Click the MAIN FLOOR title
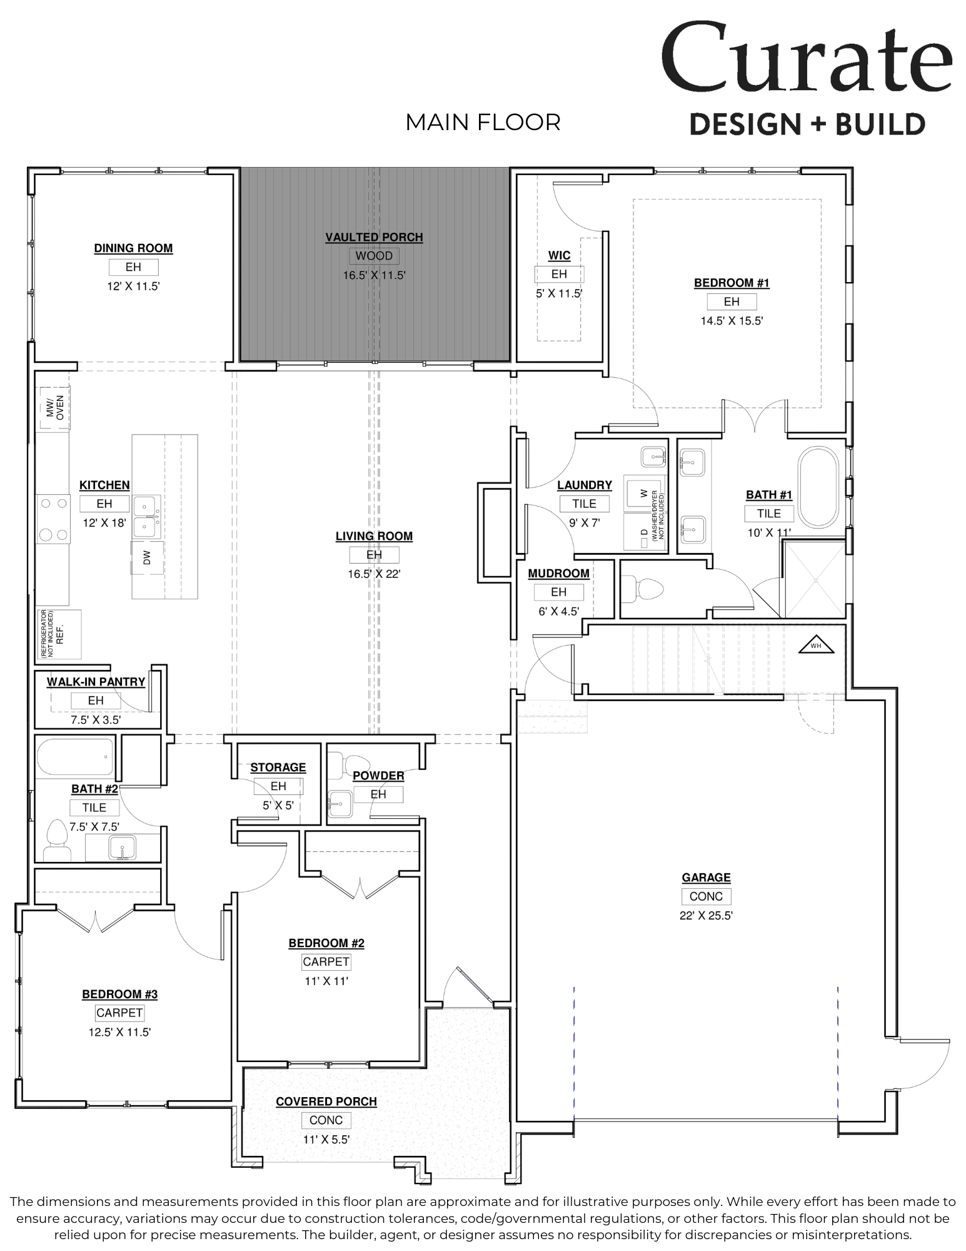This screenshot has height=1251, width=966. (x=483, y=123)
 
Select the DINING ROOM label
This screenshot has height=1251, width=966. (x=133, y=248)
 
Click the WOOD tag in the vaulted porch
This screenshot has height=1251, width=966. (x=374, y=256)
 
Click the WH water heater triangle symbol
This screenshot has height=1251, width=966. (x=816, y=646)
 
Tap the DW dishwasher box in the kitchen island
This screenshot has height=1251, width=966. (x=147, y=557)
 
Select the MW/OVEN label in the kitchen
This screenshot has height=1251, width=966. (x=55, y=408)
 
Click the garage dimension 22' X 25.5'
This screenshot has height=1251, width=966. (x=706, y=916)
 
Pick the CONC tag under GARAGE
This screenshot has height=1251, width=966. (x=706, y=896)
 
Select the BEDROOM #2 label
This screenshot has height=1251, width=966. (x=326, y=943)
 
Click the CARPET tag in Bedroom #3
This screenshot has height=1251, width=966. (x=119, y=1013)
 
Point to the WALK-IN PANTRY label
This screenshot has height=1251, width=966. (x=96, y=682)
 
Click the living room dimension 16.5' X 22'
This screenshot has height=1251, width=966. (x=374, y=574)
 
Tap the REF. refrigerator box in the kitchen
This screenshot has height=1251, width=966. (x=59, y=634)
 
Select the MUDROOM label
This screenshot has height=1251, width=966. (x=558, y=574)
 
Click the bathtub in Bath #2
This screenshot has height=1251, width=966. (x=75, y=756)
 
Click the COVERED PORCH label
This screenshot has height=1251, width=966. (x=326, y=1102)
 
